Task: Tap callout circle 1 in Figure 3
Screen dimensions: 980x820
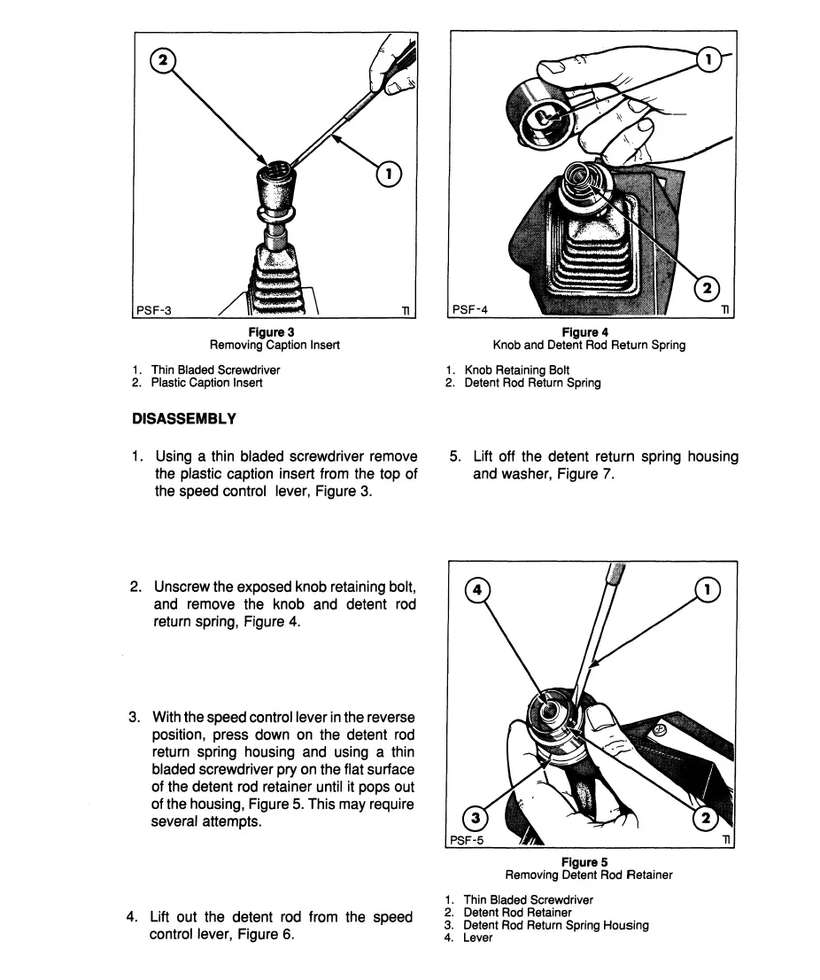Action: (x=389, y=174)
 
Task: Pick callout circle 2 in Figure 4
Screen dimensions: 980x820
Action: (x=708, y=287)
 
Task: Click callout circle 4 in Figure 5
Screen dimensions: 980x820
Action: (x=476, y=588)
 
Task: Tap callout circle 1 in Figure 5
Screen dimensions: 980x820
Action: (x=709, y=588)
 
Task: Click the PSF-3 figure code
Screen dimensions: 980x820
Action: (x=153, y=310)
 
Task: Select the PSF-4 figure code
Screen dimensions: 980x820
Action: (x=469, y=310)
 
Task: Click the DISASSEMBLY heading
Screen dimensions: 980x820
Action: (x=183, y=418)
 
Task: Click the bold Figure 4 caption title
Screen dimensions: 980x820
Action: (x=589, y=332)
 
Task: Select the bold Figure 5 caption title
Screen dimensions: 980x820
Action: (x=584, y=861)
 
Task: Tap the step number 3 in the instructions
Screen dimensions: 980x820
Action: (x=135, y=716)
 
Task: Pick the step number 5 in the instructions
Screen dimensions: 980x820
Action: (x=454, y=457)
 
